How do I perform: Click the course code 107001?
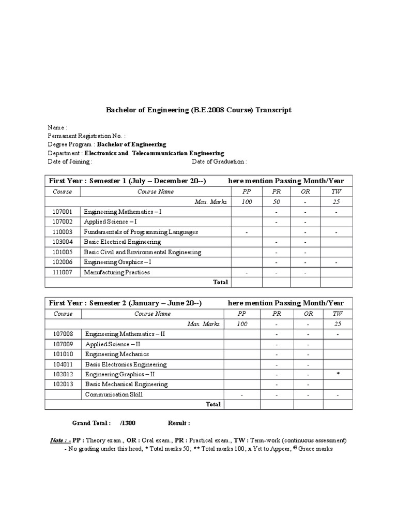coord(63,212)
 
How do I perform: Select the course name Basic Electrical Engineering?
coord(122,242)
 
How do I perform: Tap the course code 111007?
coord(63,272)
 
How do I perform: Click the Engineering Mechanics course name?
coord(117,354)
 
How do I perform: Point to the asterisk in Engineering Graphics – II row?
coord(338,374)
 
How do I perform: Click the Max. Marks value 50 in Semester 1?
coord(277,201)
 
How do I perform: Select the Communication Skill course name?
coord(114,394)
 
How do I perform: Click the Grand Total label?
coord(91,423)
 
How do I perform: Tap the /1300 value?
coord(128,423)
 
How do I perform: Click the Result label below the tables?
coord(179,423)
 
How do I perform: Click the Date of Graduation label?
coord(219,161)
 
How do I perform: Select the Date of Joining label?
coord(70,161)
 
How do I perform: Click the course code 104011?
coord(63,364)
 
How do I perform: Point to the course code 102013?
coord(63,385)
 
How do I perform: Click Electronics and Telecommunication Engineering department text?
coord(154,153)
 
